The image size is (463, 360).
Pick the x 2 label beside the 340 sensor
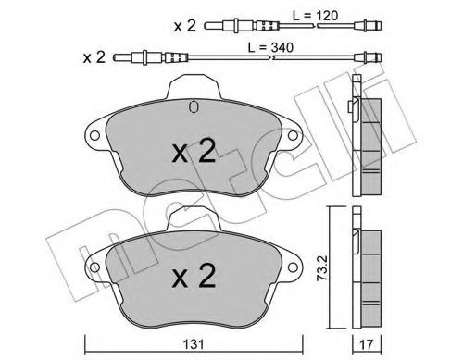click(x=94, y=57)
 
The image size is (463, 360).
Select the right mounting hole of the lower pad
click(x=294, y=267)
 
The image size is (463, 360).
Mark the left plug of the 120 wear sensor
click(x=211, y=26)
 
